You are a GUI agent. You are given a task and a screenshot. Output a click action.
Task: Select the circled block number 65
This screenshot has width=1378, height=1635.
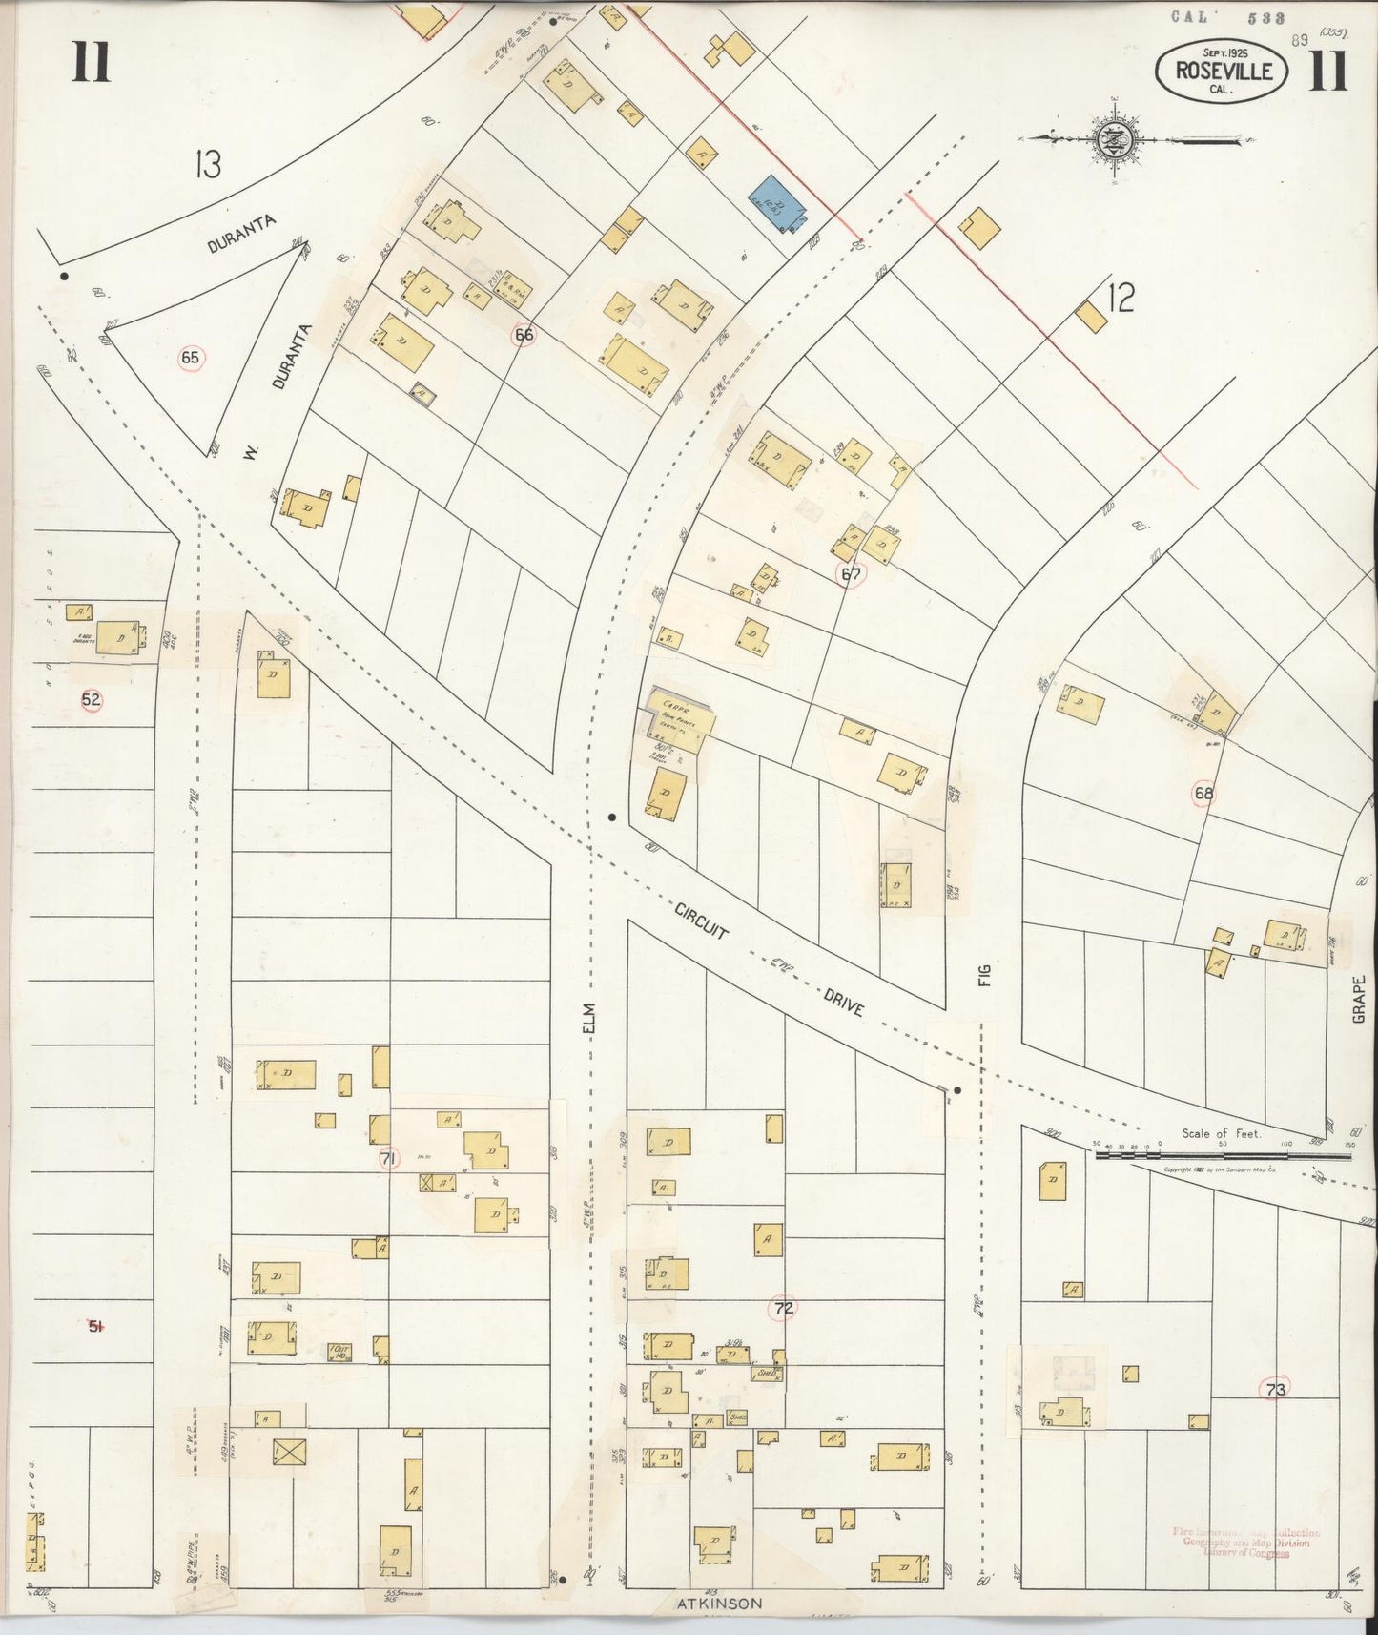pos(191,358)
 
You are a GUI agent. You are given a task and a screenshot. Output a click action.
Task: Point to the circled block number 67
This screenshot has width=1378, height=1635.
pos(851,574)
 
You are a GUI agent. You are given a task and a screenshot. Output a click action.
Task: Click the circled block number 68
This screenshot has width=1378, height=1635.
pos(1203,793)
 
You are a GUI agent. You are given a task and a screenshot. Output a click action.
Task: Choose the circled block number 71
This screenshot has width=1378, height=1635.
pos(387,1159)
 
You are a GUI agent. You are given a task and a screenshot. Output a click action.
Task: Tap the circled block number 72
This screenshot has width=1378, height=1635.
pos(783,1309)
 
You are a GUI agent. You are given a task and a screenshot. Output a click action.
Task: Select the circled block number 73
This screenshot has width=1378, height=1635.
pos(1275,1390)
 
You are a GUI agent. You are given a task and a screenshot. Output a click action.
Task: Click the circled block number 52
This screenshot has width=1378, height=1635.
pos(91,699)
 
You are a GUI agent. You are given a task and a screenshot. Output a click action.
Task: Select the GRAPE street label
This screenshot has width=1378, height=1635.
pos(1359,999)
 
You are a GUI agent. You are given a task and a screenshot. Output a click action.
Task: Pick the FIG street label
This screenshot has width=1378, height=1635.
pos(985,974)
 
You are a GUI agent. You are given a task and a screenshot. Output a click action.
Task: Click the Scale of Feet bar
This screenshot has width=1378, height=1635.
pos(1224,1154)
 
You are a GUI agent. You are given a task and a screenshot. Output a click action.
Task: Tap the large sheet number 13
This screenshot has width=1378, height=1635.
pos(207,165)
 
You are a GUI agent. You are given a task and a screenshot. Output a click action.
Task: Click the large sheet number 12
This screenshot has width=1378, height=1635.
pos(1121,300)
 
